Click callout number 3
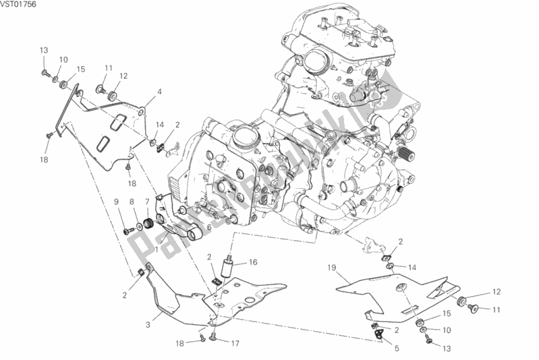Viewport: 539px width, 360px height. click(146, 324)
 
